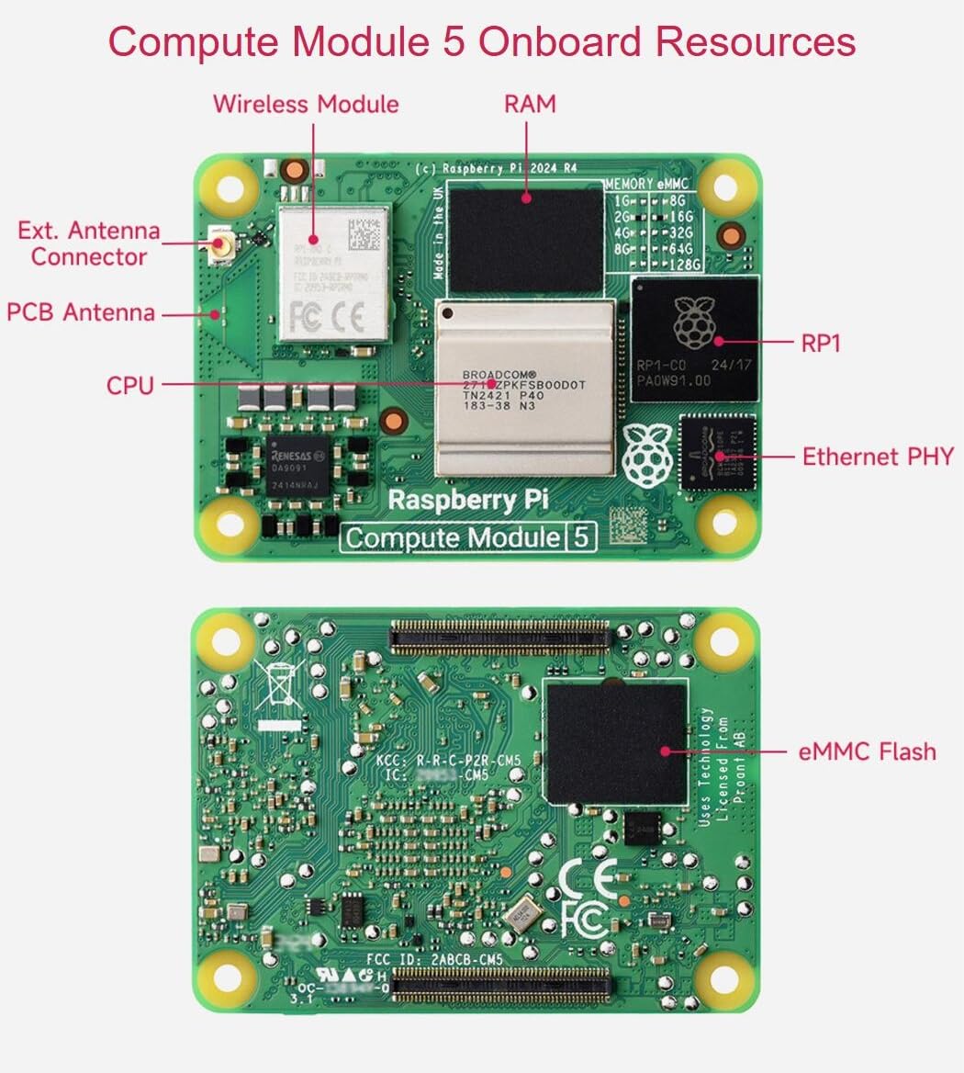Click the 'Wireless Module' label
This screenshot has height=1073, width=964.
[306, 104]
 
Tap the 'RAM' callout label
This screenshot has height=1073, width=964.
[530, 104]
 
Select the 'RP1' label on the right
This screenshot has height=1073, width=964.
[821, 344]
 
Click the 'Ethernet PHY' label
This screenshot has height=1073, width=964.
[878, 457]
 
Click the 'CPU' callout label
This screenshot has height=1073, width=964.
[130, 385]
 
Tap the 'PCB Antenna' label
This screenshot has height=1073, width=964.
[81, 312]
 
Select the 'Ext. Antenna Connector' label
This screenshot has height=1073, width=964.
[88, 243]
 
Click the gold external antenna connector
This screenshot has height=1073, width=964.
[220, 245]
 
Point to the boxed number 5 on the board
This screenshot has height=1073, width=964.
[580, 537]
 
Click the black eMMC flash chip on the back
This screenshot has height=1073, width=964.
[615, 742]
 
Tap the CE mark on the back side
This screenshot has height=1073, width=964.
[588, 879]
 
